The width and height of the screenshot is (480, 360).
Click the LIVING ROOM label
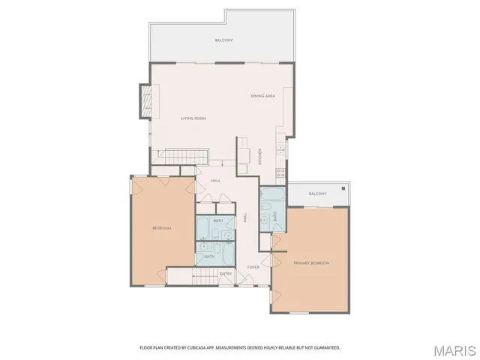(193, 118)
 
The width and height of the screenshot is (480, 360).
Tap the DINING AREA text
(262, 96)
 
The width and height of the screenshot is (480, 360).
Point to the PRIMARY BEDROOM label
(311, 263)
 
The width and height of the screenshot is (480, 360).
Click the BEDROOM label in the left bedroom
(163, 228)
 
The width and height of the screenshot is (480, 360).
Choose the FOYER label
(253, 267)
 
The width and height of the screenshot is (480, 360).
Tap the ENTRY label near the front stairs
(226, 274)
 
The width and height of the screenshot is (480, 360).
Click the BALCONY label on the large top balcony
(223, 40)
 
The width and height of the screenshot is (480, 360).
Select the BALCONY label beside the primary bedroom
(317, 193)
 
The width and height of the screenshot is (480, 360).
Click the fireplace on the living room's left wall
(145, 100)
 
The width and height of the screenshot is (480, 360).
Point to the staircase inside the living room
(184, 156)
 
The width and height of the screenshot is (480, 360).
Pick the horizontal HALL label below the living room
(215, 181)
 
